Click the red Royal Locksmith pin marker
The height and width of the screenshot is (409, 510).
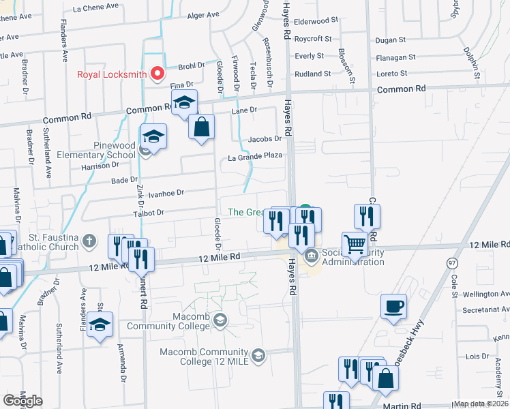(157, 73)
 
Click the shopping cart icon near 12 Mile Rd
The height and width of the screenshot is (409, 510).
(355, 245)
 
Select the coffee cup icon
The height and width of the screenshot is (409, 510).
(395, 307)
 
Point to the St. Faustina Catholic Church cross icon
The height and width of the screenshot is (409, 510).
(89, 240)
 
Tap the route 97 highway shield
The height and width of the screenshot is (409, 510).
(452, 262)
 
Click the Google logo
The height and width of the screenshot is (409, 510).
(22, 401)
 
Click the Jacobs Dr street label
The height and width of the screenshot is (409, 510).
(265, 138)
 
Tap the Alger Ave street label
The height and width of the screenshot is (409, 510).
(203, 14)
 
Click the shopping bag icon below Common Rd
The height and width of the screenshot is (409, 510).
(201, 126)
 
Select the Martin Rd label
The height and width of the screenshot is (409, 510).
(402, 406)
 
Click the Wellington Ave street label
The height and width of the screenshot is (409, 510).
(485, 294)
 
